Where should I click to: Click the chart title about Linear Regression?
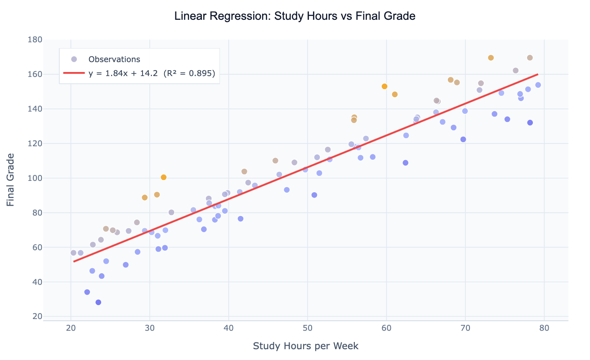point(295,16)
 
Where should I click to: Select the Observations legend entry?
point(114,59)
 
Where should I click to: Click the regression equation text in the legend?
point(152,73)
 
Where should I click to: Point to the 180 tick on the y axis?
point(35,40)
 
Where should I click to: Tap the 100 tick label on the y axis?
point(35,178)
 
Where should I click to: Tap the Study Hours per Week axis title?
point(305,346)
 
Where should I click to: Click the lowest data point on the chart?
point(98,302)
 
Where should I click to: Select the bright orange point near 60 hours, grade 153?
point(384,86)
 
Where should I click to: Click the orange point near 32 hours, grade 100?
point(164,177)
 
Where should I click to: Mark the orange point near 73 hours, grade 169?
point(491,58)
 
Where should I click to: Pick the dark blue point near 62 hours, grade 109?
point(405,163)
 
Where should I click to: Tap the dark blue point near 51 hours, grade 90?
point(314,195)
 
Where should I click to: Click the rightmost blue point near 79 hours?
point(538,85)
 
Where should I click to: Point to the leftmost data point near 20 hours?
point(73,253)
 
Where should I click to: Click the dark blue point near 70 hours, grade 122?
point(463,139)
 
